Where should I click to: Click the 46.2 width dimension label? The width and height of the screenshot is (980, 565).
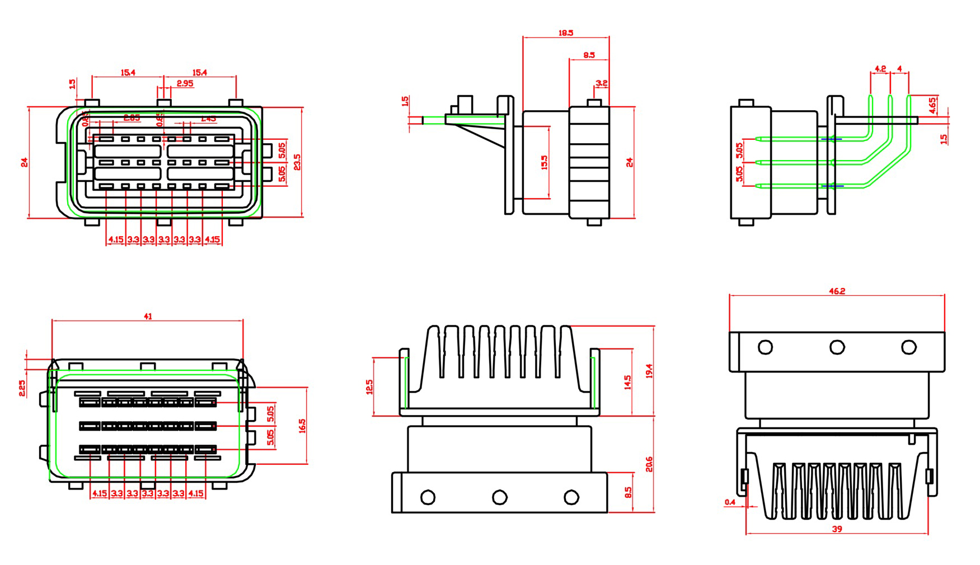(837, 291)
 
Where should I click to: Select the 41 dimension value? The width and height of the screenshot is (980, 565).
(148, 316)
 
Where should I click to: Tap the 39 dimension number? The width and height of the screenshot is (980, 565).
(837, 529)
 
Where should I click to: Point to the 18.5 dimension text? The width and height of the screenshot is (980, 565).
(566, 33)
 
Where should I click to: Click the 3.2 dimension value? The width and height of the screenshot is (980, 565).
(602, 83)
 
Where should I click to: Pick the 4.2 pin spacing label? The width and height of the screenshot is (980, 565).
(880, 69)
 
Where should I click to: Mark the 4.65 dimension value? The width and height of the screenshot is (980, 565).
(932, 105)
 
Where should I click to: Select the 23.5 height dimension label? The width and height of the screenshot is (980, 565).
(297, 162)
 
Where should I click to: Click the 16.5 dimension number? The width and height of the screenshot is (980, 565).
(302, 426)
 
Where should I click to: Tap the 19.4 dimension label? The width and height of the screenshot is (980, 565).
(649, 371)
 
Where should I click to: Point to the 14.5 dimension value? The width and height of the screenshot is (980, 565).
(628, 383)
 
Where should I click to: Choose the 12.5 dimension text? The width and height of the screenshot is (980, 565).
(369, 387)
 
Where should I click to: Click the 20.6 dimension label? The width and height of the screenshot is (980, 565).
(649, 464)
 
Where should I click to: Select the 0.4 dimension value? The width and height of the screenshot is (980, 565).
(730, 502)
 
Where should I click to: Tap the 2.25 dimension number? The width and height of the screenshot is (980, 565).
(22, 388)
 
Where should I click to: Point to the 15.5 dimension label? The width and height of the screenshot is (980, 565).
(544, 162)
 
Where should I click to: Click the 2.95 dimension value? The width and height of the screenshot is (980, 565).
(185, 83)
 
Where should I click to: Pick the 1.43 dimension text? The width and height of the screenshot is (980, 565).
(208, 119)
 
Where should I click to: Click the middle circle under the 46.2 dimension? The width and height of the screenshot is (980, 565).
(837, 347)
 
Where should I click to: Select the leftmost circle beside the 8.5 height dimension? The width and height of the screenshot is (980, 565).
(428, 497)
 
